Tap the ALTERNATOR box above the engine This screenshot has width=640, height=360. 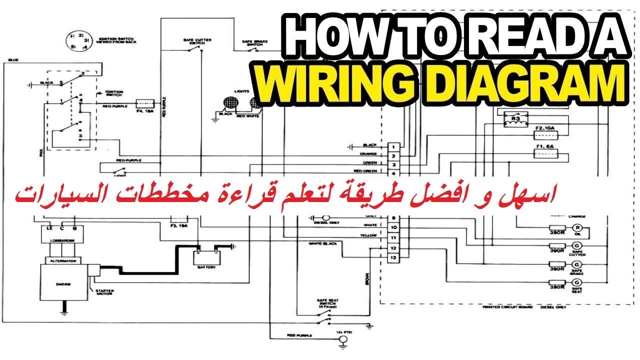click(59, 260)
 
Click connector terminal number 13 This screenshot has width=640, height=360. click(394, 258)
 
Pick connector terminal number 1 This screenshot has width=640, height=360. click(394, 146)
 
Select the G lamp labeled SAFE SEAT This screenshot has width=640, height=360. click(576, 283)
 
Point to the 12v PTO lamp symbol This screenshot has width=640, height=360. click(343, 340)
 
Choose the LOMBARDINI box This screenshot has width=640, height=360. click(59, 241)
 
